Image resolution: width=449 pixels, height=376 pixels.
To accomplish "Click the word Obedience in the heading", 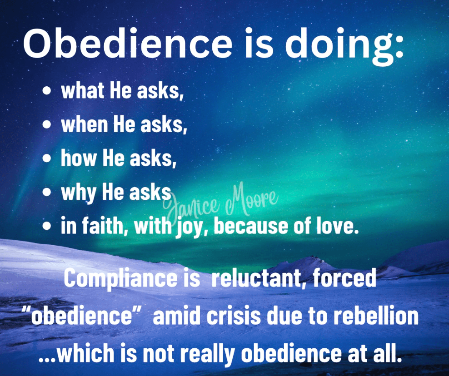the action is click(x=128, y=43).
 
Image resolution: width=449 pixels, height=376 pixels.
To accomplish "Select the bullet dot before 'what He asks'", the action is click(x=46, y=91).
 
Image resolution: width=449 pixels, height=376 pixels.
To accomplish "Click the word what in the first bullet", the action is click(x=83, y=90).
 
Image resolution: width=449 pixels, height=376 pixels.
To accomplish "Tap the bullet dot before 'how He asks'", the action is click(x=46, y=158).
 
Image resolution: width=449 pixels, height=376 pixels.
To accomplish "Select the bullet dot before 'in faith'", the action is click(x=46, y=226).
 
